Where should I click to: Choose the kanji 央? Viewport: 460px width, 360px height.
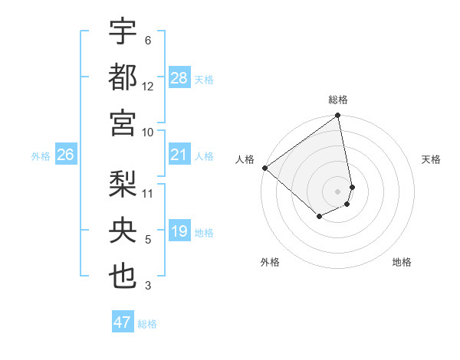tap(123, 230)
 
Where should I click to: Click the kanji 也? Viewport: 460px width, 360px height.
tap(123, 276)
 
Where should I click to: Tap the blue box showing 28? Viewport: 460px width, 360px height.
tap(179, 78)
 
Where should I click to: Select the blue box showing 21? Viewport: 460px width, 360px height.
tap(179, 155)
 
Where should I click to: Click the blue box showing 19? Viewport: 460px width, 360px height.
tap(179, 231)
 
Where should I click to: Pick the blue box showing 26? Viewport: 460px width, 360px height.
tap(66, 155)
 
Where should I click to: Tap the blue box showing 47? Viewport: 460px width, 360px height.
tap(123, 322)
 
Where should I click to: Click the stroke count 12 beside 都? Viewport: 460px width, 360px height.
tap(148, 87)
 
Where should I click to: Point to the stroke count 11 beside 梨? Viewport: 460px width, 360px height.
tap(148, 193)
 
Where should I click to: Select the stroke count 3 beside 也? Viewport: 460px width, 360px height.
tap(148, 286)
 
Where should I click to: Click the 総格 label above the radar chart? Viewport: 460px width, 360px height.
tap(338, 100)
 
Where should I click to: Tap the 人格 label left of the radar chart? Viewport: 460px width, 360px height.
tap(245, 159)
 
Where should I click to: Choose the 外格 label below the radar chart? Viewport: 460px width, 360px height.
tap(270, 263)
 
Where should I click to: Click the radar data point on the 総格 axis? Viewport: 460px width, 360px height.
tap(338, 116)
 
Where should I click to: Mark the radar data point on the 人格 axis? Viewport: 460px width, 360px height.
tap(264, 168)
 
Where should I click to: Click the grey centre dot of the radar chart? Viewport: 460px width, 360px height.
tap(338, 191)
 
